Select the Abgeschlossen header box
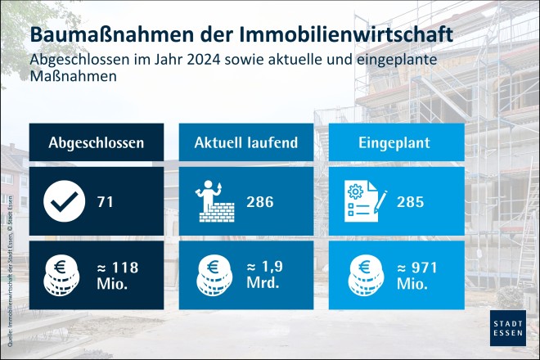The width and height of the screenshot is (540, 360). pos(97,142)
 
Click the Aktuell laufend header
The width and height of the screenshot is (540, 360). pos(245,142)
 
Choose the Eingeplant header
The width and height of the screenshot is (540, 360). pos(396,142)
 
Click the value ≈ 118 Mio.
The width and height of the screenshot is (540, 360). pos(116,275)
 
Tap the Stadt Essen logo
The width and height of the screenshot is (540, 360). pos(507,327)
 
